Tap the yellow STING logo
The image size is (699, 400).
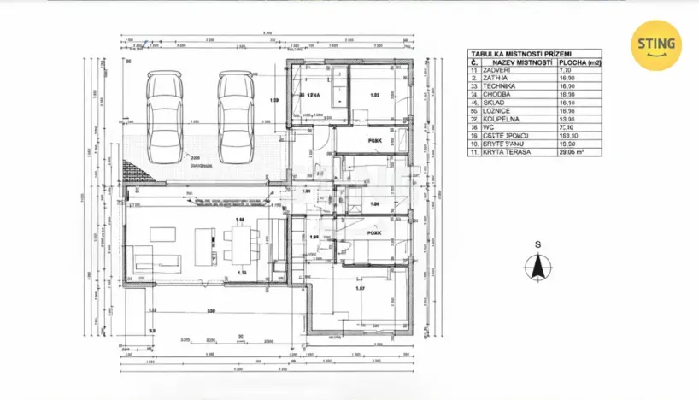[x=655, y=44]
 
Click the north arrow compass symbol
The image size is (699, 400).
[x=537, y=268]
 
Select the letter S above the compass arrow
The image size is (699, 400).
[x=537, y=244]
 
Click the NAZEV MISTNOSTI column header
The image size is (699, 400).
[x=512, y=62]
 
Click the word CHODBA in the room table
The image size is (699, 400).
[x=498, y=95]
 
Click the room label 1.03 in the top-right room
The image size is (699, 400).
[x=373, y=97]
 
